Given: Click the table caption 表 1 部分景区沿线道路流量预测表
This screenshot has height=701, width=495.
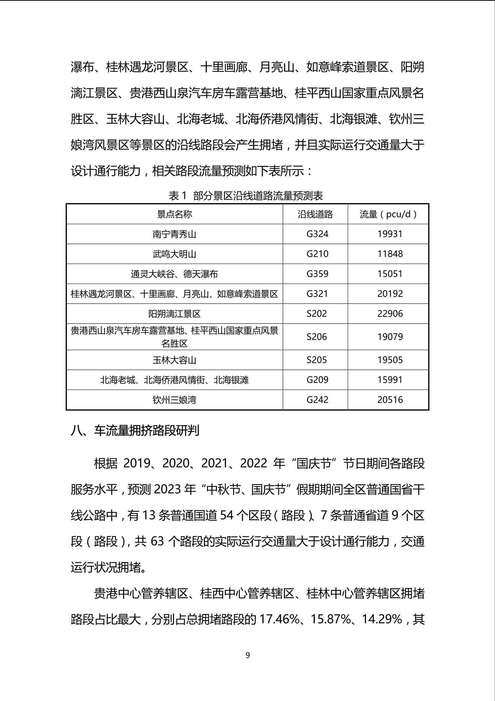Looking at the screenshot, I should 246,196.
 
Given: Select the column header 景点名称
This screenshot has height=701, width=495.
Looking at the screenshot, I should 174,214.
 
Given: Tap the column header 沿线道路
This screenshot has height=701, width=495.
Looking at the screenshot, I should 315,214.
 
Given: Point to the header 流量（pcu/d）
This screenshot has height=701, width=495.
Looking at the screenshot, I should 388,214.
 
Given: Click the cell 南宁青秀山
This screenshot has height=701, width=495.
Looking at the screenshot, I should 174,234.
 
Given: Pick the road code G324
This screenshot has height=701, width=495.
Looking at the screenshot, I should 317,234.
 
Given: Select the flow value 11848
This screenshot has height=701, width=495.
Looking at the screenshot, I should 390,254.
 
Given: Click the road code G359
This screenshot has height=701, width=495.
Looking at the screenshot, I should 317,274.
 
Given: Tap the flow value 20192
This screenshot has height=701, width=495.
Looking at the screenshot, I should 390,294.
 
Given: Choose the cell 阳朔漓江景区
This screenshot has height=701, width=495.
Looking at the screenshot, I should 174,314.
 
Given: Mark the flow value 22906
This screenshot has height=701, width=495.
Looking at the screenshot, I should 390,314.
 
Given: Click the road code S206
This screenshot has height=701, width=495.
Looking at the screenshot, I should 317,337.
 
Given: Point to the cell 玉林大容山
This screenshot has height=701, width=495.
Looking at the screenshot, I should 174,360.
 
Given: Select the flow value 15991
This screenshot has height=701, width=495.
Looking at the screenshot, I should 390,380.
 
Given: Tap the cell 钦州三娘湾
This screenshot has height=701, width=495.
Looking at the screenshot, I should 174,400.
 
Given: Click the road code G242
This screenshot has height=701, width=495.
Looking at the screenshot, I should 317,400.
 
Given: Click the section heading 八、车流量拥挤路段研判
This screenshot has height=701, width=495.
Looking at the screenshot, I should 135,430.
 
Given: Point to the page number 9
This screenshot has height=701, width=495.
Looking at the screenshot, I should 247,655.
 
